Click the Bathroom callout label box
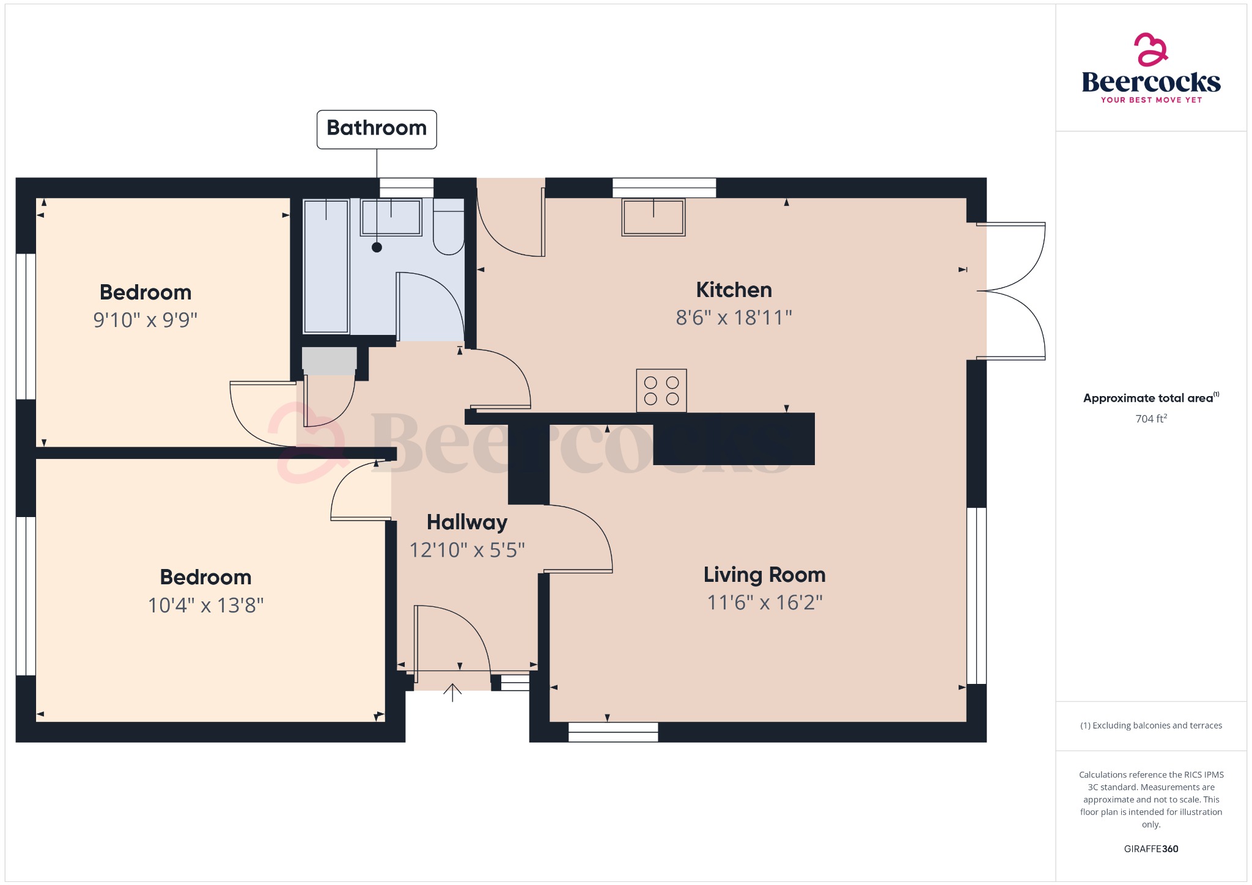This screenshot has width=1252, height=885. (377, 129)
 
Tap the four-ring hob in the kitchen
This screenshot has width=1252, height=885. (661, 391)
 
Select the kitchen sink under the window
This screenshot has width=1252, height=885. (653, 217)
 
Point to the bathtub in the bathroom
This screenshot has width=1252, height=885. (326, 266)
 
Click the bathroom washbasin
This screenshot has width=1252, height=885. (391, 217)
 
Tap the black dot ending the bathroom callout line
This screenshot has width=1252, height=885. (377, 248)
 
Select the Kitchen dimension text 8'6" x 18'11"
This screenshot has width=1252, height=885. (734, 318)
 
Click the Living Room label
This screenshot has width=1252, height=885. (764, 575)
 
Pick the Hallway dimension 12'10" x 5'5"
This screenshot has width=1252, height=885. (467, 550)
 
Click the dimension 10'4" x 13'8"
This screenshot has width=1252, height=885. (206, 605)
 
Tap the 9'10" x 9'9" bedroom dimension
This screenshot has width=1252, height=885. (145, 320)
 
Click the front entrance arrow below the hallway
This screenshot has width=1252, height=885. (452, 692)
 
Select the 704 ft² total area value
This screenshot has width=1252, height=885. (1151, 419)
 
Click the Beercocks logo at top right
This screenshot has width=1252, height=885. (1151, 67)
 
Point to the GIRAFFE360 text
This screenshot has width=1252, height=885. (1151, 849)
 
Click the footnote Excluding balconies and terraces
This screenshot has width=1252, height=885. (1151, 725)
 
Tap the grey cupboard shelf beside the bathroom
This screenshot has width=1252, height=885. (329, 360)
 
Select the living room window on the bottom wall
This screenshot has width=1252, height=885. (613, 732)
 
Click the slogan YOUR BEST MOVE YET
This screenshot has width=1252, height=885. (1151, 100)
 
